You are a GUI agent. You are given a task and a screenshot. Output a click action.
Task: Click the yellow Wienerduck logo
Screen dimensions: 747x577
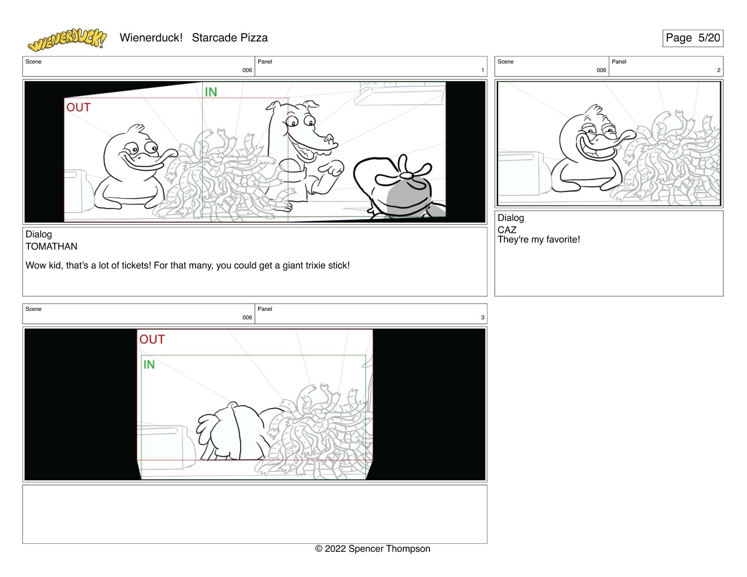[x=67, y=40]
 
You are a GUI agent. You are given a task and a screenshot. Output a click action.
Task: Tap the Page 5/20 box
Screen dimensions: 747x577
[x=692, y=38]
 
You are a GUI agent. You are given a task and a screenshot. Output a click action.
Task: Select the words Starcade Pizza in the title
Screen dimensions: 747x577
[x=230, y=38]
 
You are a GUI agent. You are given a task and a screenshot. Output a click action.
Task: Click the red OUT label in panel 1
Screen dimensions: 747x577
[x=78, y=107]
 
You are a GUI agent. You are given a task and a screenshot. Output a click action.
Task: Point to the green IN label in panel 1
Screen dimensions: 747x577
[x=211, y=92]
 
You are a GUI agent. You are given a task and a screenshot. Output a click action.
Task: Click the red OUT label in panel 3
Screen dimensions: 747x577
[x=152, y=339]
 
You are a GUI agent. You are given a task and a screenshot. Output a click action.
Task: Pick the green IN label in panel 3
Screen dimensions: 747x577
[x=149, y=365]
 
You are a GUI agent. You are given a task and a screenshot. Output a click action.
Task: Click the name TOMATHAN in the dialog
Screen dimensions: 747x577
[x=51, y=246]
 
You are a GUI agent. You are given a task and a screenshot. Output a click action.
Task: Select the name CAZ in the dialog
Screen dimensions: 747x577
[x=507, y=230]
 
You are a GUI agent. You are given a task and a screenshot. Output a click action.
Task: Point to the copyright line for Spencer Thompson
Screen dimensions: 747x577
[x=373, y=549]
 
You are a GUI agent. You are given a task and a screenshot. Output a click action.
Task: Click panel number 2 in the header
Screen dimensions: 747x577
[x=719, y=70]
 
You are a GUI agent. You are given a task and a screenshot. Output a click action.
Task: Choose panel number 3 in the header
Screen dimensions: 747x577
[x=483, y=317]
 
